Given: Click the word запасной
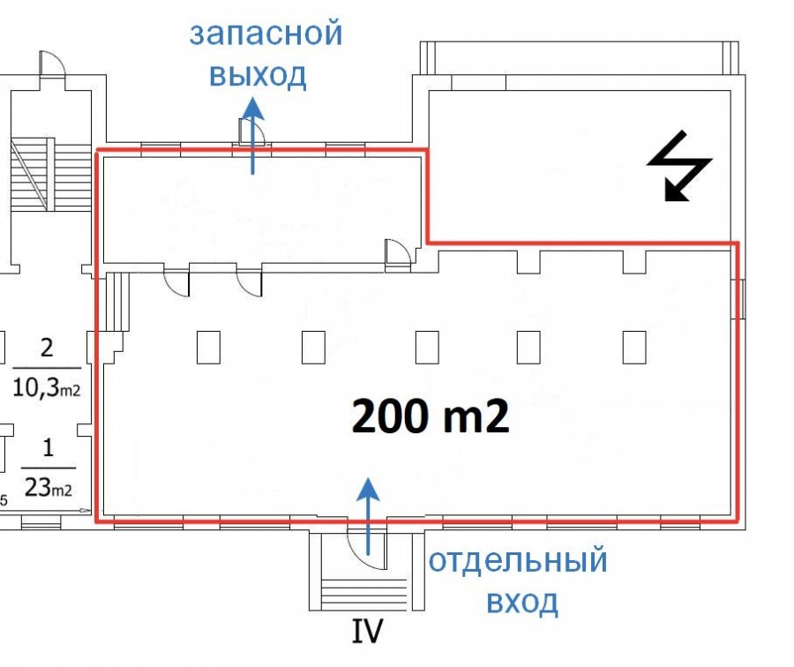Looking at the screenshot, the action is (x=266, y=33).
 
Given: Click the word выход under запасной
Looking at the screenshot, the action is (x=258, y=76).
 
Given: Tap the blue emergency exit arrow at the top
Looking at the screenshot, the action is (x=253, y=136).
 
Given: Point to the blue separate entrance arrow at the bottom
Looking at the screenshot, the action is (x=368, y=515).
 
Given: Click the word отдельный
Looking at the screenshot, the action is (x=518, y=560).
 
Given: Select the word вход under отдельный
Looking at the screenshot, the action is (x=522, y=603).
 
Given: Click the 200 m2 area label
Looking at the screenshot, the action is (x=430, y=416).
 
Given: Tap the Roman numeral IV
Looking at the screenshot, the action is (x=367, y=631).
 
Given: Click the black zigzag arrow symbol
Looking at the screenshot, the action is (x=679, y=166).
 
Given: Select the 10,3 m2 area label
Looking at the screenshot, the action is (x=46, y=388).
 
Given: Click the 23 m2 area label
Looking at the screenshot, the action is (x=49, y=488).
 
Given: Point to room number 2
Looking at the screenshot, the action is (x=47, y=348).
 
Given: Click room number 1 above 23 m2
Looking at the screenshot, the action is (x=49, y=447).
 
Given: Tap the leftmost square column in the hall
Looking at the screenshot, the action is (x=208, y=348).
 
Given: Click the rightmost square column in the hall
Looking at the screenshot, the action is (x=634, y=348).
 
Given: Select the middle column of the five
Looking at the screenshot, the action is (x=427, y=348).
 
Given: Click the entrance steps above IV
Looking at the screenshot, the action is (x=364, y=595).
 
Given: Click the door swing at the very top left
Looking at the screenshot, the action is (x=52, y=64).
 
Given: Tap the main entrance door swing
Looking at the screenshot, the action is (x=365, y=548).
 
